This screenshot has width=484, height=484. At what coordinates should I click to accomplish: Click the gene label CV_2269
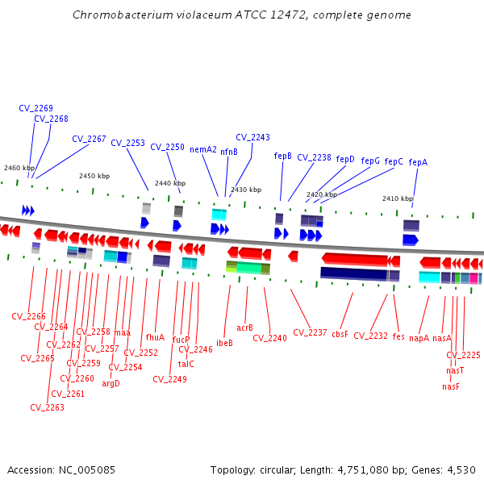pyautogui.click(x=36, y=108)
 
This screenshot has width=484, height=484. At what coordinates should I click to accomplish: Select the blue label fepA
pyautogui.click(x=418, y=162)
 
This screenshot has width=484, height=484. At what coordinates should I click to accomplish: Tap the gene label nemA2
pyautogui.click(x=203, y=149)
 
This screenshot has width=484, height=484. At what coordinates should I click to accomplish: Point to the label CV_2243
pyautogui.click(x=252, y=137)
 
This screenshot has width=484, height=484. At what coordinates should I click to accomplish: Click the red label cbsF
pyautogui.click(x=340, y=333)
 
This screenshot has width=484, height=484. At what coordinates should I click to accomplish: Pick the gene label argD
pyautogui.click(x=111, y=383)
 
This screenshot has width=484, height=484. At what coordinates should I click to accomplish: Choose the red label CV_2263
pyautogui.click(x=47, y=407)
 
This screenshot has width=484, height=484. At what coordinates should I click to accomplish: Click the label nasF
pyautogui.click(x=451, y=386)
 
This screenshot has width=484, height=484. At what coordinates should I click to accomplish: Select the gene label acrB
pyautogui.click(x=245, y=328)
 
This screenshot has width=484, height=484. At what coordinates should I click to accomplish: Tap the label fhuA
pyautogui.click(x=155, y=337)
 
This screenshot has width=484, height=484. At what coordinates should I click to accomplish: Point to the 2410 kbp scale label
pyautogui.click(x=398, y=198)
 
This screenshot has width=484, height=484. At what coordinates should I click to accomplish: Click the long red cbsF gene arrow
pyautogui.click(x=355, y=259)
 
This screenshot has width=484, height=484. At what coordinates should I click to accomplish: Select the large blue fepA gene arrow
pyautogui.click(x=411, y=240)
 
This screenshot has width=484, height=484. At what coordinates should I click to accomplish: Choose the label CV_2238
pyautogui.click(x=314, y=157)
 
